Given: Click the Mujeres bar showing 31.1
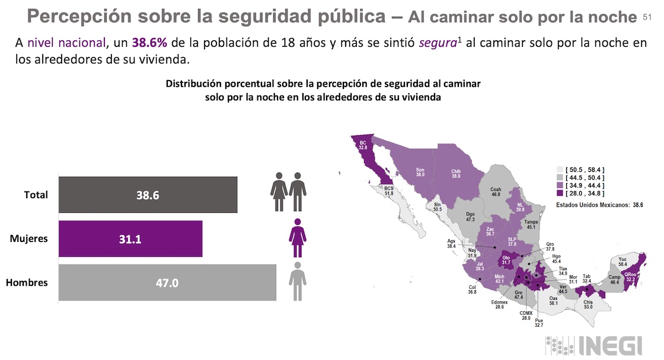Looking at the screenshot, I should (130, 239).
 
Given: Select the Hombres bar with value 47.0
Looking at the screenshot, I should (167, 283).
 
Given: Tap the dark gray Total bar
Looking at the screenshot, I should (148, 195).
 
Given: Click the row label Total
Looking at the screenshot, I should (36, 195).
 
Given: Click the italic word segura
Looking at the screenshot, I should (437, 43).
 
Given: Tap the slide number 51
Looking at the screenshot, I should (649, 18).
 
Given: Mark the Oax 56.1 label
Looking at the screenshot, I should (553, 300).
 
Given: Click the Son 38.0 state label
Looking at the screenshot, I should (420, 172).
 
